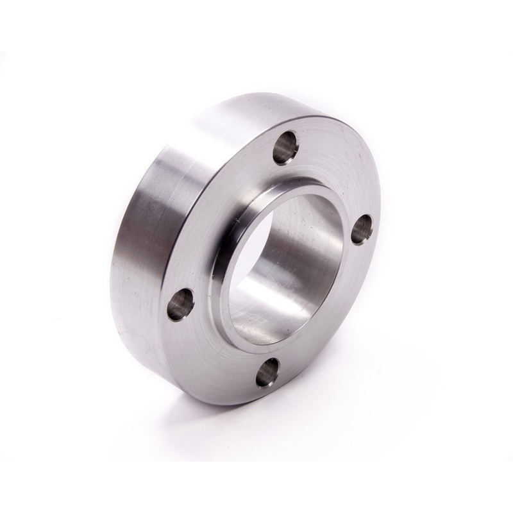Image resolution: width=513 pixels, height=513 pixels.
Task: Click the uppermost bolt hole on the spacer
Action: pos(285,147)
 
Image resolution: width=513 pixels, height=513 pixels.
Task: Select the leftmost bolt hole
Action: pos(180,303)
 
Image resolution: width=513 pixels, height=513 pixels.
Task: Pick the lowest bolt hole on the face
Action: pos(267,372)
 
